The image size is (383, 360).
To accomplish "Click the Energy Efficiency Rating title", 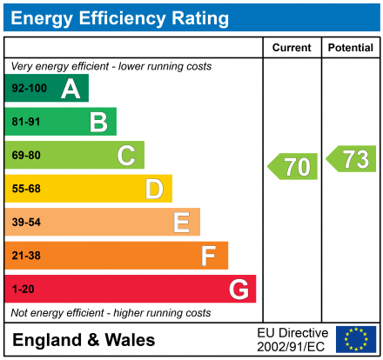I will [x=120, y=17].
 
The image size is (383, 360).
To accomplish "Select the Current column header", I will [x=292, y=48].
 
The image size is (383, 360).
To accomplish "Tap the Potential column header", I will [x=351, y=48].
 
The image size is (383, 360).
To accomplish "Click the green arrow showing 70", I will [x=292, y=166].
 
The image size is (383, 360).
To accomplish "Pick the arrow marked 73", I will [x=352, y=159].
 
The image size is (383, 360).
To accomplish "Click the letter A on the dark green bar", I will [x=71, y=89].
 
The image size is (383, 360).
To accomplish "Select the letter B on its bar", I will [x=98, y=122].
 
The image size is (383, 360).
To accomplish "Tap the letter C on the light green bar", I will [x=126, y=156].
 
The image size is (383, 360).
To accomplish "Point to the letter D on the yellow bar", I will [x=154, y=189].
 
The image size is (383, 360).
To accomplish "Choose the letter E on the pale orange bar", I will [x=181, y=223].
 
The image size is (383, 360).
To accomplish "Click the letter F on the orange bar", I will [x=209, y=256].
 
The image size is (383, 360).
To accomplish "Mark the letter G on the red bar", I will [x=238, y=289].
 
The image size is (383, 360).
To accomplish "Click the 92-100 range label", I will [x=29, y=89].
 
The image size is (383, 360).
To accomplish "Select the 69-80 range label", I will [x=27, y=156].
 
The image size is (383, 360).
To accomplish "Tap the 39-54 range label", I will [x=27, y=223].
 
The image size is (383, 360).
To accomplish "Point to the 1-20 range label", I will [x=24, y=289].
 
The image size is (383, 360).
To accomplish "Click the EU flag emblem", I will [x=356, y=339].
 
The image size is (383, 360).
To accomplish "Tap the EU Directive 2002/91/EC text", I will [x=292, y=339].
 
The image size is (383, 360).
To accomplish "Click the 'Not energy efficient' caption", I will [x=111, y=312].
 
